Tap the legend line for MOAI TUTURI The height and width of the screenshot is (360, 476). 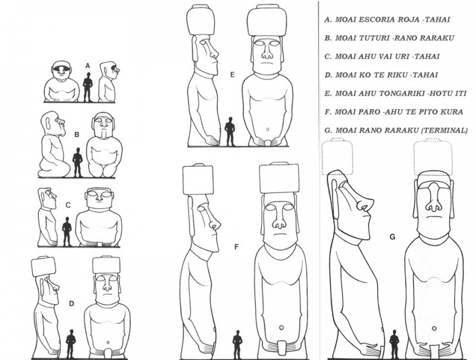[x=389, y=38]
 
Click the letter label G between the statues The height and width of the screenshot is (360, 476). [x=392, y=236]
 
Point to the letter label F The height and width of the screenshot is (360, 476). [x=237, y=246]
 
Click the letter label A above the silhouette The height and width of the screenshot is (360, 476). [x=87, y=66]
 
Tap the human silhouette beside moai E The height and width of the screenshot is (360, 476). [x=230, y=132]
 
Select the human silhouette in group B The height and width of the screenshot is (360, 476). [x=77, y=162]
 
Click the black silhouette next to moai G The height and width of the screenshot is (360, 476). [x=394, y=345]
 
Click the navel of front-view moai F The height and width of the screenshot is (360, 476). [x=281, y=327]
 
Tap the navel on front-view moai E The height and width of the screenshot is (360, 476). [x=267, y=129]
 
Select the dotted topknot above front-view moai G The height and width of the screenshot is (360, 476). [x=433, y=157]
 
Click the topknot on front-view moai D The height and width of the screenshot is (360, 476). [x=107, y=265]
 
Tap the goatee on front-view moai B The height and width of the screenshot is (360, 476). [x=104, y=133]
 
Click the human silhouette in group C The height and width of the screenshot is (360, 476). [x=67, y=231]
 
